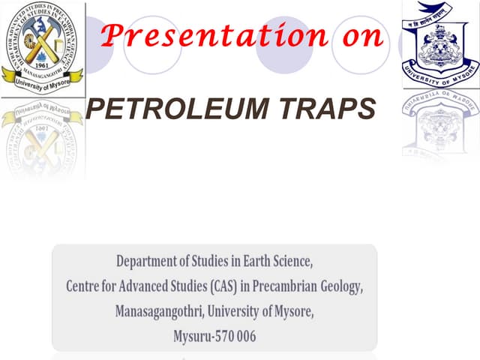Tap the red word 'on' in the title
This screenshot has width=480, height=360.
359,35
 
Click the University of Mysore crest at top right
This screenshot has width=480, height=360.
441,42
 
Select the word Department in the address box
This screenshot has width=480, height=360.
151,262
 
